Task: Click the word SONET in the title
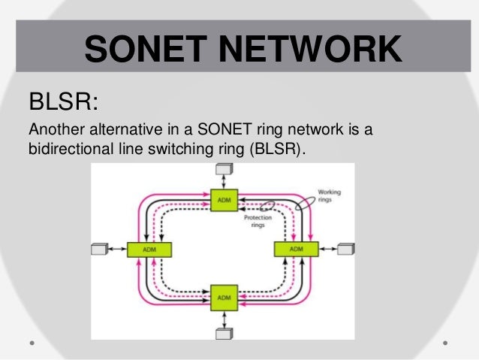[143, 50]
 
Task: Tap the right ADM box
[296, 249]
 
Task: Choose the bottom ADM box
[224, 297]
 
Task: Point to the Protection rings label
[257, 221]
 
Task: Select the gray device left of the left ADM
[99, 249]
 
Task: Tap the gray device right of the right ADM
[345, 248]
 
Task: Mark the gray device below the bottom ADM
[223, 332]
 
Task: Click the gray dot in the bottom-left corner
[32, 342]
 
